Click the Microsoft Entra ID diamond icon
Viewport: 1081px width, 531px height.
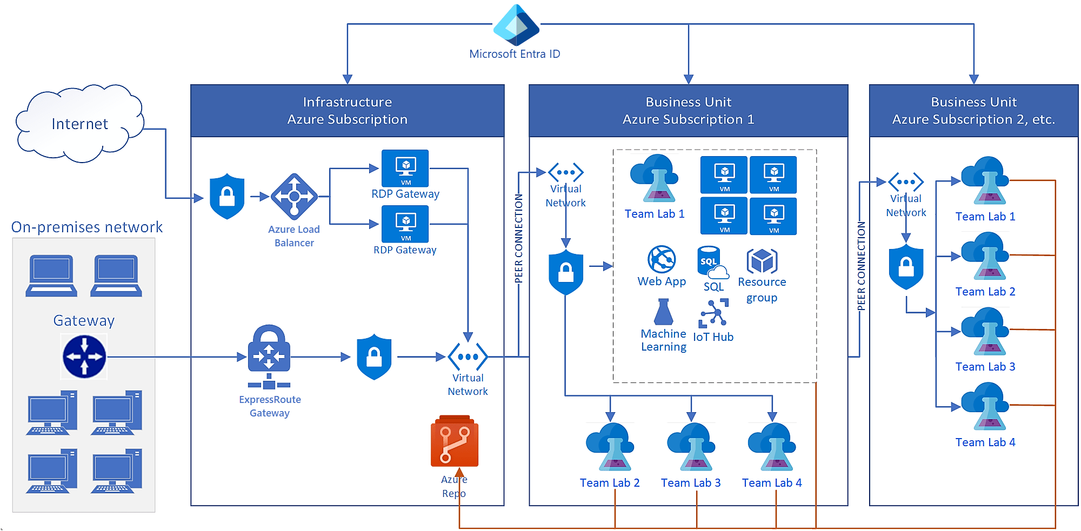click(x=516, y=25)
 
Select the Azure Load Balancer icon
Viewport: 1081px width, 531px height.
click(x=294, y=196)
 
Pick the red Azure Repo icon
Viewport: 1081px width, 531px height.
click(x=455, y=441)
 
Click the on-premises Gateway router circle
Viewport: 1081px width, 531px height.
click(x=84, y=357)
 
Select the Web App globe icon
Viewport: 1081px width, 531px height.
click(x=662, y=260)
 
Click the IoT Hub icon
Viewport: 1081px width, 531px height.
click(x=713, y=314)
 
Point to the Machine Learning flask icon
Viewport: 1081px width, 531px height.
click(x=663, y=312)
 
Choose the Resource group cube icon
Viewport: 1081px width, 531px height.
click(x=762, y=261)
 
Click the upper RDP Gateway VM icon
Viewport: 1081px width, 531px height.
click(x=405, y=168)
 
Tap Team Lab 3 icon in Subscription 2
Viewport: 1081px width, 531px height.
click(x=985, y=332)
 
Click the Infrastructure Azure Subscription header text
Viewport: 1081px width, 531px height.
click(x=347, y=111)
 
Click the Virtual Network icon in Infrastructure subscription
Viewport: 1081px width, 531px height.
click(x=468, y=357)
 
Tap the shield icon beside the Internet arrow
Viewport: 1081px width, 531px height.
click(x=227, y=197)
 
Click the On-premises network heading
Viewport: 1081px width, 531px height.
click(x=86, y=227)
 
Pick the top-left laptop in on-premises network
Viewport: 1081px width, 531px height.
click(x=51, y=275)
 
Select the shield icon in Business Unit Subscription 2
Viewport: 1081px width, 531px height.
click(x=906, y=267)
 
